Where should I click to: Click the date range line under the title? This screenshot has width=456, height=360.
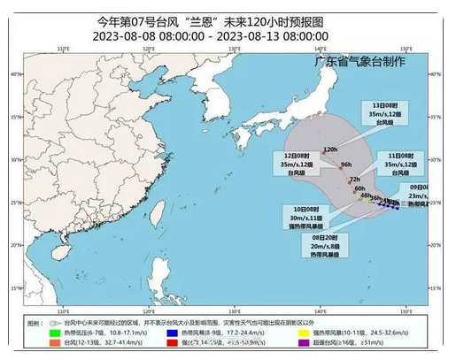(228, 36)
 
